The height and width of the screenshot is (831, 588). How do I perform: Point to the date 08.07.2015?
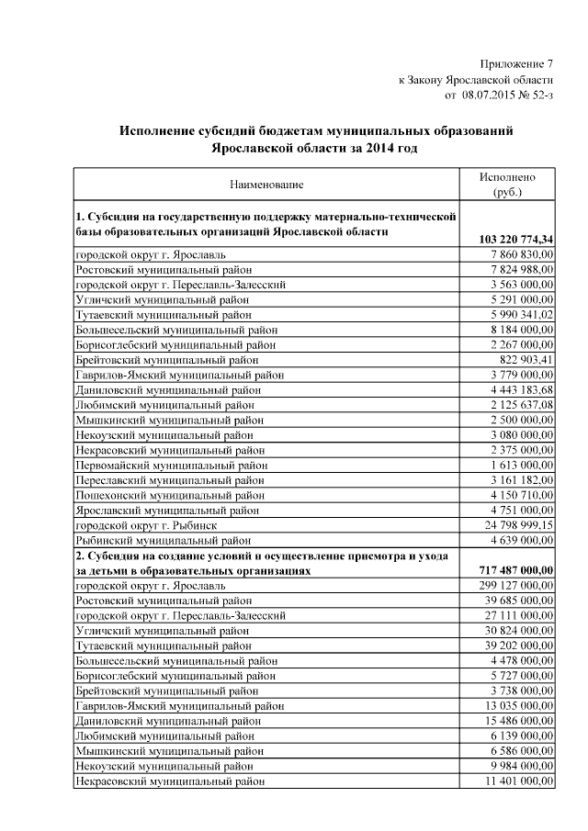(491, 94)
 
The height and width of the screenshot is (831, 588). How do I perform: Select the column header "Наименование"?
(266, 185)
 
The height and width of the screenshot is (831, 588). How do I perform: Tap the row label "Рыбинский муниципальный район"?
(165, 540)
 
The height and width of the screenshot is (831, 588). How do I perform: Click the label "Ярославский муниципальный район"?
(167, 510)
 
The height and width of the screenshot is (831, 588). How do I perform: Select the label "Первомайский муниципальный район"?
(172, 465)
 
